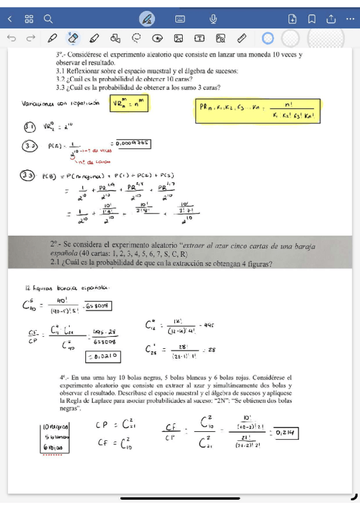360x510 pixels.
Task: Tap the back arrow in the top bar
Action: point(10,19)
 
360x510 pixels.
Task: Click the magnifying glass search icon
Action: point(48,19)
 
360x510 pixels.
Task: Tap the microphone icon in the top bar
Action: point(213,19)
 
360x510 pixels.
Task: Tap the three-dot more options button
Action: point(350,19)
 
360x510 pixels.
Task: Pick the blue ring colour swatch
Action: point(269,38)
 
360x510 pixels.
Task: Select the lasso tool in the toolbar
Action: point(136,38)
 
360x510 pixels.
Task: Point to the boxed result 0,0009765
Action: point(131,143)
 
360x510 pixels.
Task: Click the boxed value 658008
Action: point(99,307)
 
